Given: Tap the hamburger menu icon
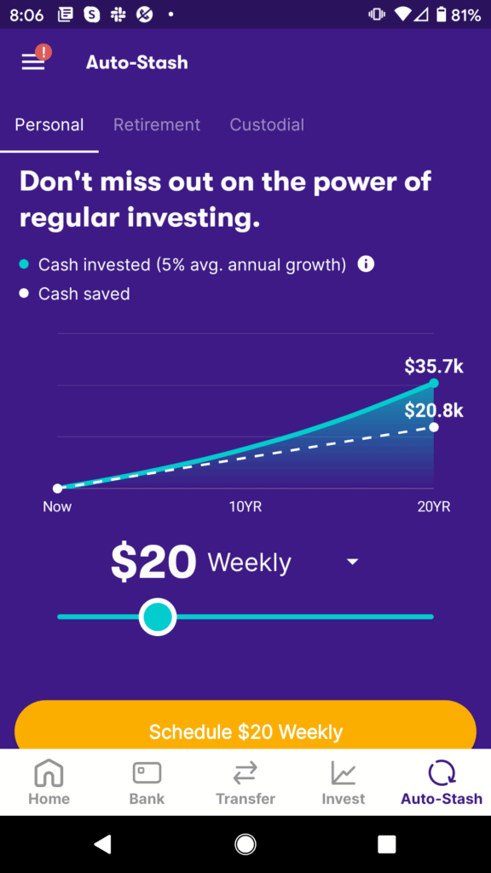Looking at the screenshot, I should pos(33,61).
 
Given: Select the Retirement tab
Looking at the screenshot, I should pos(157,124).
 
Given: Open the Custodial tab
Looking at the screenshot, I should pos(267,124).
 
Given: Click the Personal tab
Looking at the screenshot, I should pos(49,124).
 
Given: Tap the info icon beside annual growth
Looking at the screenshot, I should pos(366,264).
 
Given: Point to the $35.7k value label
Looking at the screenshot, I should pos(434,367).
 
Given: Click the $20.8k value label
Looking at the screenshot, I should pos(434,410).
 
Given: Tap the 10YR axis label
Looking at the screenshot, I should pos(245,506).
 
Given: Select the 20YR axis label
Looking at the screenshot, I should pos(433,506).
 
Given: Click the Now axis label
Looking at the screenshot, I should pos(57,506).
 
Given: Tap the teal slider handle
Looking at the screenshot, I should pos(157,616).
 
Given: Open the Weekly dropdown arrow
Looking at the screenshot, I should pos(352,563).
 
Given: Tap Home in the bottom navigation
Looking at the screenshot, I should pos(49,783).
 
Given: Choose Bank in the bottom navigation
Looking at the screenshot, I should pos(147,783).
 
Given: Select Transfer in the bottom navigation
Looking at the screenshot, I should pos(245,783).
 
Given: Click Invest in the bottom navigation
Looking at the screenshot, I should pos(344,783).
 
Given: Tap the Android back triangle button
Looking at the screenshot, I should pos(103,844).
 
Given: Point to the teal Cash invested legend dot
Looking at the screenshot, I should pos(24,264).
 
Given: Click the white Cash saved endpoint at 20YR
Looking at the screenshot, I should pos(434,427).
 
